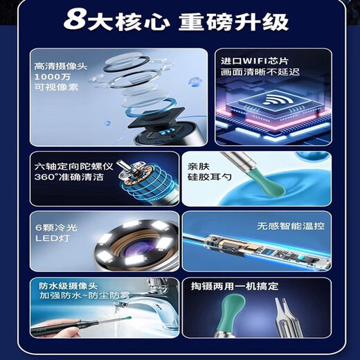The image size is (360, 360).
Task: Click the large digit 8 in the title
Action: (75, 21)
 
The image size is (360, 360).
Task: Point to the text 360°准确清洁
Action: (66, 178)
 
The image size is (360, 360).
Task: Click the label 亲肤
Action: (199, 167)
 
